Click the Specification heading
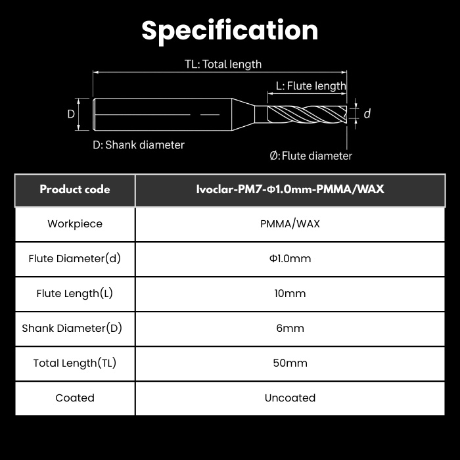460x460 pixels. point(230,31)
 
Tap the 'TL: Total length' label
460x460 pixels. point(223,64)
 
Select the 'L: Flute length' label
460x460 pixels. point(311,86)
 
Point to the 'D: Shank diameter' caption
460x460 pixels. point(139,145)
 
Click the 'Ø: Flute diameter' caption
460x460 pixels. point(311,156)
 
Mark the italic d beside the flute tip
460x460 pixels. point(367,114)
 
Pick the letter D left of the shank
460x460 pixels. point(71,114)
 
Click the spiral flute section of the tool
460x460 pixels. point(307,114)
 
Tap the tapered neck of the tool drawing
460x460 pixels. point(243,114)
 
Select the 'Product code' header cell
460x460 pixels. point(75,189)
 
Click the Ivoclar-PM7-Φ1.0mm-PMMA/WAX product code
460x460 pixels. point(290,189)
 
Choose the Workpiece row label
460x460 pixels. point(75,224)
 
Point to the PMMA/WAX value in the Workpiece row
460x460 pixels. point(290,224)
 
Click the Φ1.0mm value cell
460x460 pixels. point(290,258)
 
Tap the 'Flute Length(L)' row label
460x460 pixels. point(75,293)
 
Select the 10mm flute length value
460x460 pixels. point(290,293)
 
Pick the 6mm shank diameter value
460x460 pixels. point(290,328)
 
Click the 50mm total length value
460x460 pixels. point(290,363)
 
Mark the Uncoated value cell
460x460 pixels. point(290,398)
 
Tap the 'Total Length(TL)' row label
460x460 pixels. point(75,363)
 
